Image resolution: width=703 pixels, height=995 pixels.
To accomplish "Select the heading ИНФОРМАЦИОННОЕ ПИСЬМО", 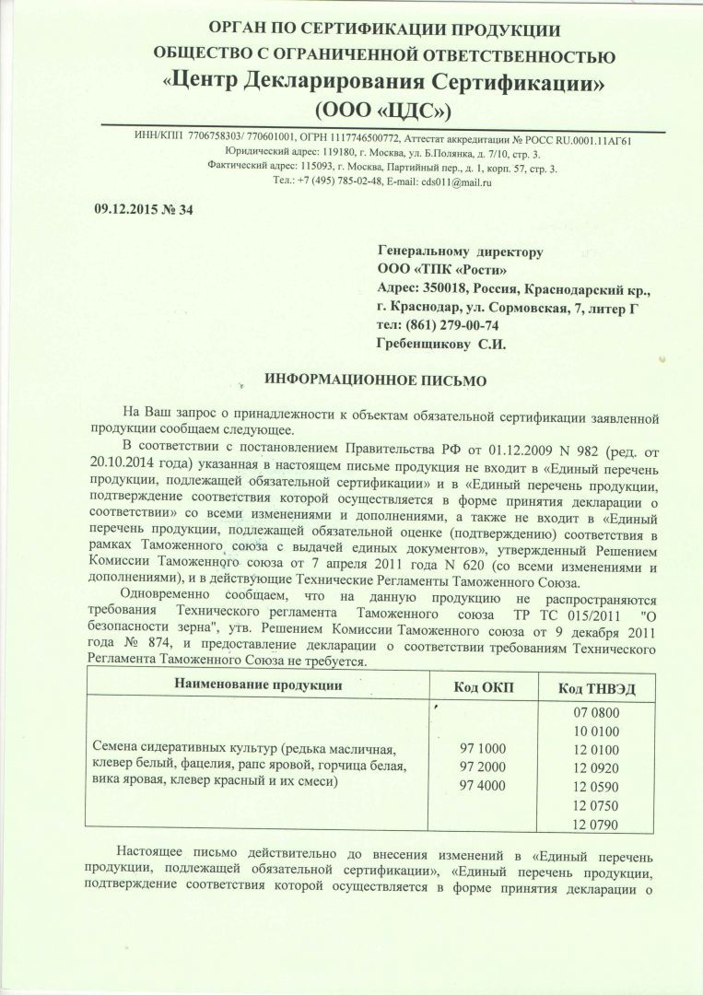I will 375,380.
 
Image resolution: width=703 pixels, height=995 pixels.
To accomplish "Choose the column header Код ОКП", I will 484,686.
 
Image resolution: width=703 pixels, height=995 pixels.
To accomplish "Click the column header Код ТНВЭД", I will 597,687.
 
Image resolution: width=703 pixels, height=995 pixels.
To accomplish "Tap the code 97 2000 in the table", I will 483,767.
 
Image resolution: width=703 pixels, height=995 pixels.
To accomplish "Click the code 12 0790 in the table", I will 597,823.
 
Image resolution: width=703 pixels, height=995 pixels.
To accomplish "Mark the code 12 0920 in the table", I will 597,767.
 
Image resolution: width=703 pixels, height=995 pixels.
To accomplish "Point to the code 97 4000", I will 483,785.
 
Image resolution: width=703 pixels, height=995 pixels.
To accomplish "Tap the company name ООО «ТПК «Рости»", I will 442,270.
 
